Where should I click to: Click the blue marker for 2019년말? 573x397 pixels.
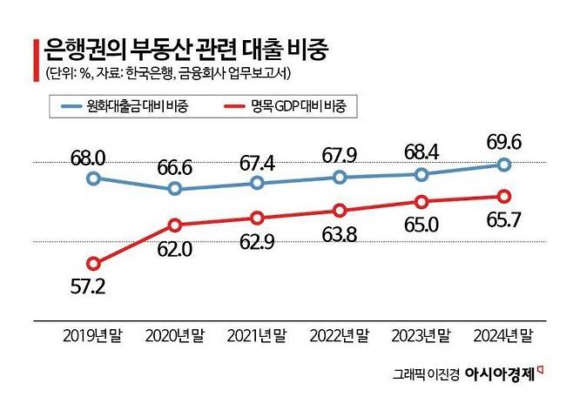(93, 178)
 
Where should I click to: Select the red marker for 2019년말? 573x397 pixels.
(93, 263)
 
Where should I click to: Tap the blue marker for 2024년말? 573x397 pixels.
(504, 165)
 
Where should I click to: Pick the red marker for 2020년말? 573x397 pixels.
(175, 225)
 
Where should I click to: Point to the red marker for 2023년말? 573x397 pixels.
(421, 202)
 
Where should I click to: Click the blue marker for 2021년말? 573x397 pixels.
(257, 183)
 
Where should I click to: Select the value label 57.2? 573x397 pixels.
(88, 286)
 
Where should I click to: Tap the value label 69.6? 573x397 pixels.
(504, 143)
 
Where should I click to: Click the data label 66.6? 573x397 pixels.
(175, 168)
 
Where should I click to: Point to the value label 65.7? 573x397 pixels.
(504, 220)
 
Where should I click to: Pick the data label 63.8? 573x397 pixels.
(340, 235)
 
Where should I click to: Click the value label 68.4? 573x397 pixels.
(421, 152)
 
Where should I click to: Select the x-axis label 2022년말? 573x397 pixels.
(340, 336)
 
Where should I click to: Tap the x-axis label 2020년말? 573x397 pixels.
(175, 336)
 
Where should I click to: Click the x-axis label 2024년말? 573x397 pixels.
(504, 336)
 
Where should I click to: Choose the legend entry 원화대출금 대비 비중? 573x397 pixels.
(125, 106)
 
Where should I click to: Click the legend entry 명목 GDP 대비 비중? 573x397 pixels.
(285, 106)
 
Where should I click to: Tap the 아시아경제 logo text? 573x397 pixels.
(500, 374)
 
